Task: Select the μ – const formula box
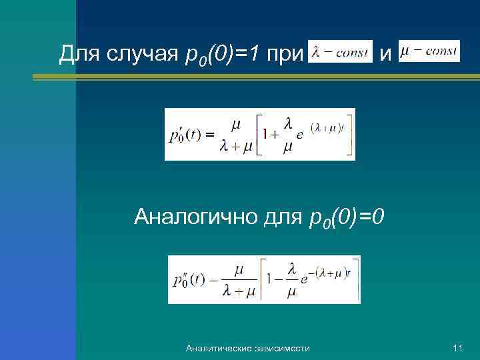tap(429, 51)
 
